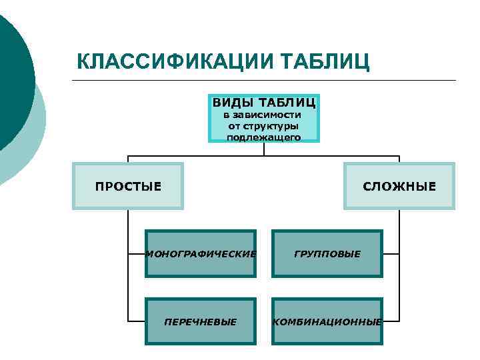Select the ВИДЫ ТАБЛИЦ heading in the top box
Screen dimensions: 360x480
264,103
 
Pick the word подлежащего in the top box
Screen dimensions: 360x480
264,137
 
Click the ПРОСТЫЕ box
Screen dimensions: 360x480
128,186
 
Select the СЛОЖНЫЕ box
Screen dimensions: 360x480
399,186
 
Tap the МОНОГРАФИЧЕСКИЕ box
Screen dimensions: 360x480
201,254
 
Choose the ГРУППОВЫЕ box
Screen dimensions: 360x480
327,254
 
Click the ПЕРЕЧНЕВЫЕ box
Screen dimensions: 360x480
201,321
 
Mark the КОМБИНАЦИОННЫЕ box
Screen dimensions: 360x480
327,321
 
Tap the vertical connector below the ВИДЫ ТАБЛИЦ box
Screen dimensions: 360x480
264,149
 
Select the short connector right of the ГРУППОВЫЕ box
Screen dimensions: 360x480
391,254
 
